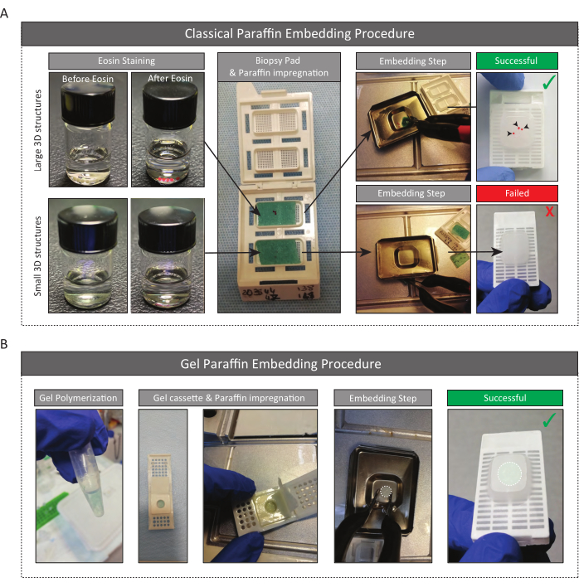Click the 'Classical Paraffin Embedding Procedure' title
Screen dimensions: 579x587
(299, 34)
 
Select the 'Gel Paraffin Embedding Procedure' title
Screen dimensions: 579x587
(280, 364)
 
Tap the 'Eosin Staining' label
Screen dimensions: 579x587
(126, 61)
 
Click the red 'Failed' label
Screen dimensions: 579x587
(517, 193)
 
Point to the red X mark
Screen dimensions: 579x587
(549, 211)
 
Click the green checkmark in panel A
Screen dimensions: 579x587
(548, 82)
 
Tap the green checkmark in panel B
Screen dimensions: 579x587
(549, 420)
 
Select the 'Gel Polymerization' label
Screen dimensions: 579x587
(78, 398)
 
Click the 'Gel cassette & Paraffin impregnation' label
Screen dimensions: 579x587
(228, 398)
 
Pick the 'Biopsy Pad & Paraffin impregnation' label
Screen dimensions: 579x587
(279, 66)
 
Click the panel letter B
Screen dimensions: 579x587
(4, 344)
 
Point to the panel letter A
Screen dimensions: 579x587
(4, 13)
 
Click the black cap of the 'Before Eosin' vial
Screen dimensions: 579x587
(89, 104)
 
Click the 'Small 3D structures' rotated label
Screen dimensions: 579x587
(37, 256)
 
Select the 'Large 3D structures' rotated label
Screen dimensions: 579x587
(37, 130)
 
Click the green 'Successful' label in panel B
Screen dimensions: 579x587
(505, 398)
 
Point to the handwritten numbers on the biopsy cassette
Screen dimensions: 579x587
(278, 293)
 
